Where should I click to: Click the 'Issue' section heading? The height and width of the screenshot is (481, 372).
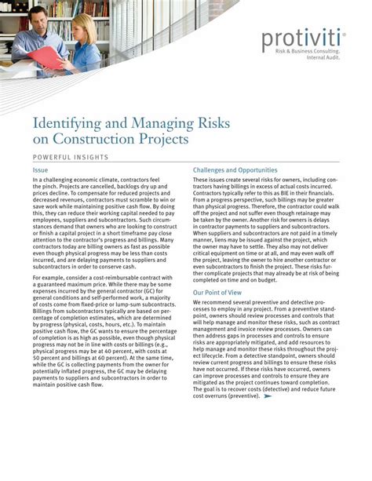[40, 169]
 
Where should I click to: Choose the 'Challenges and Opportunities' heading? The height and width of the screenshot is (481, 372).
[235, 169]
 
